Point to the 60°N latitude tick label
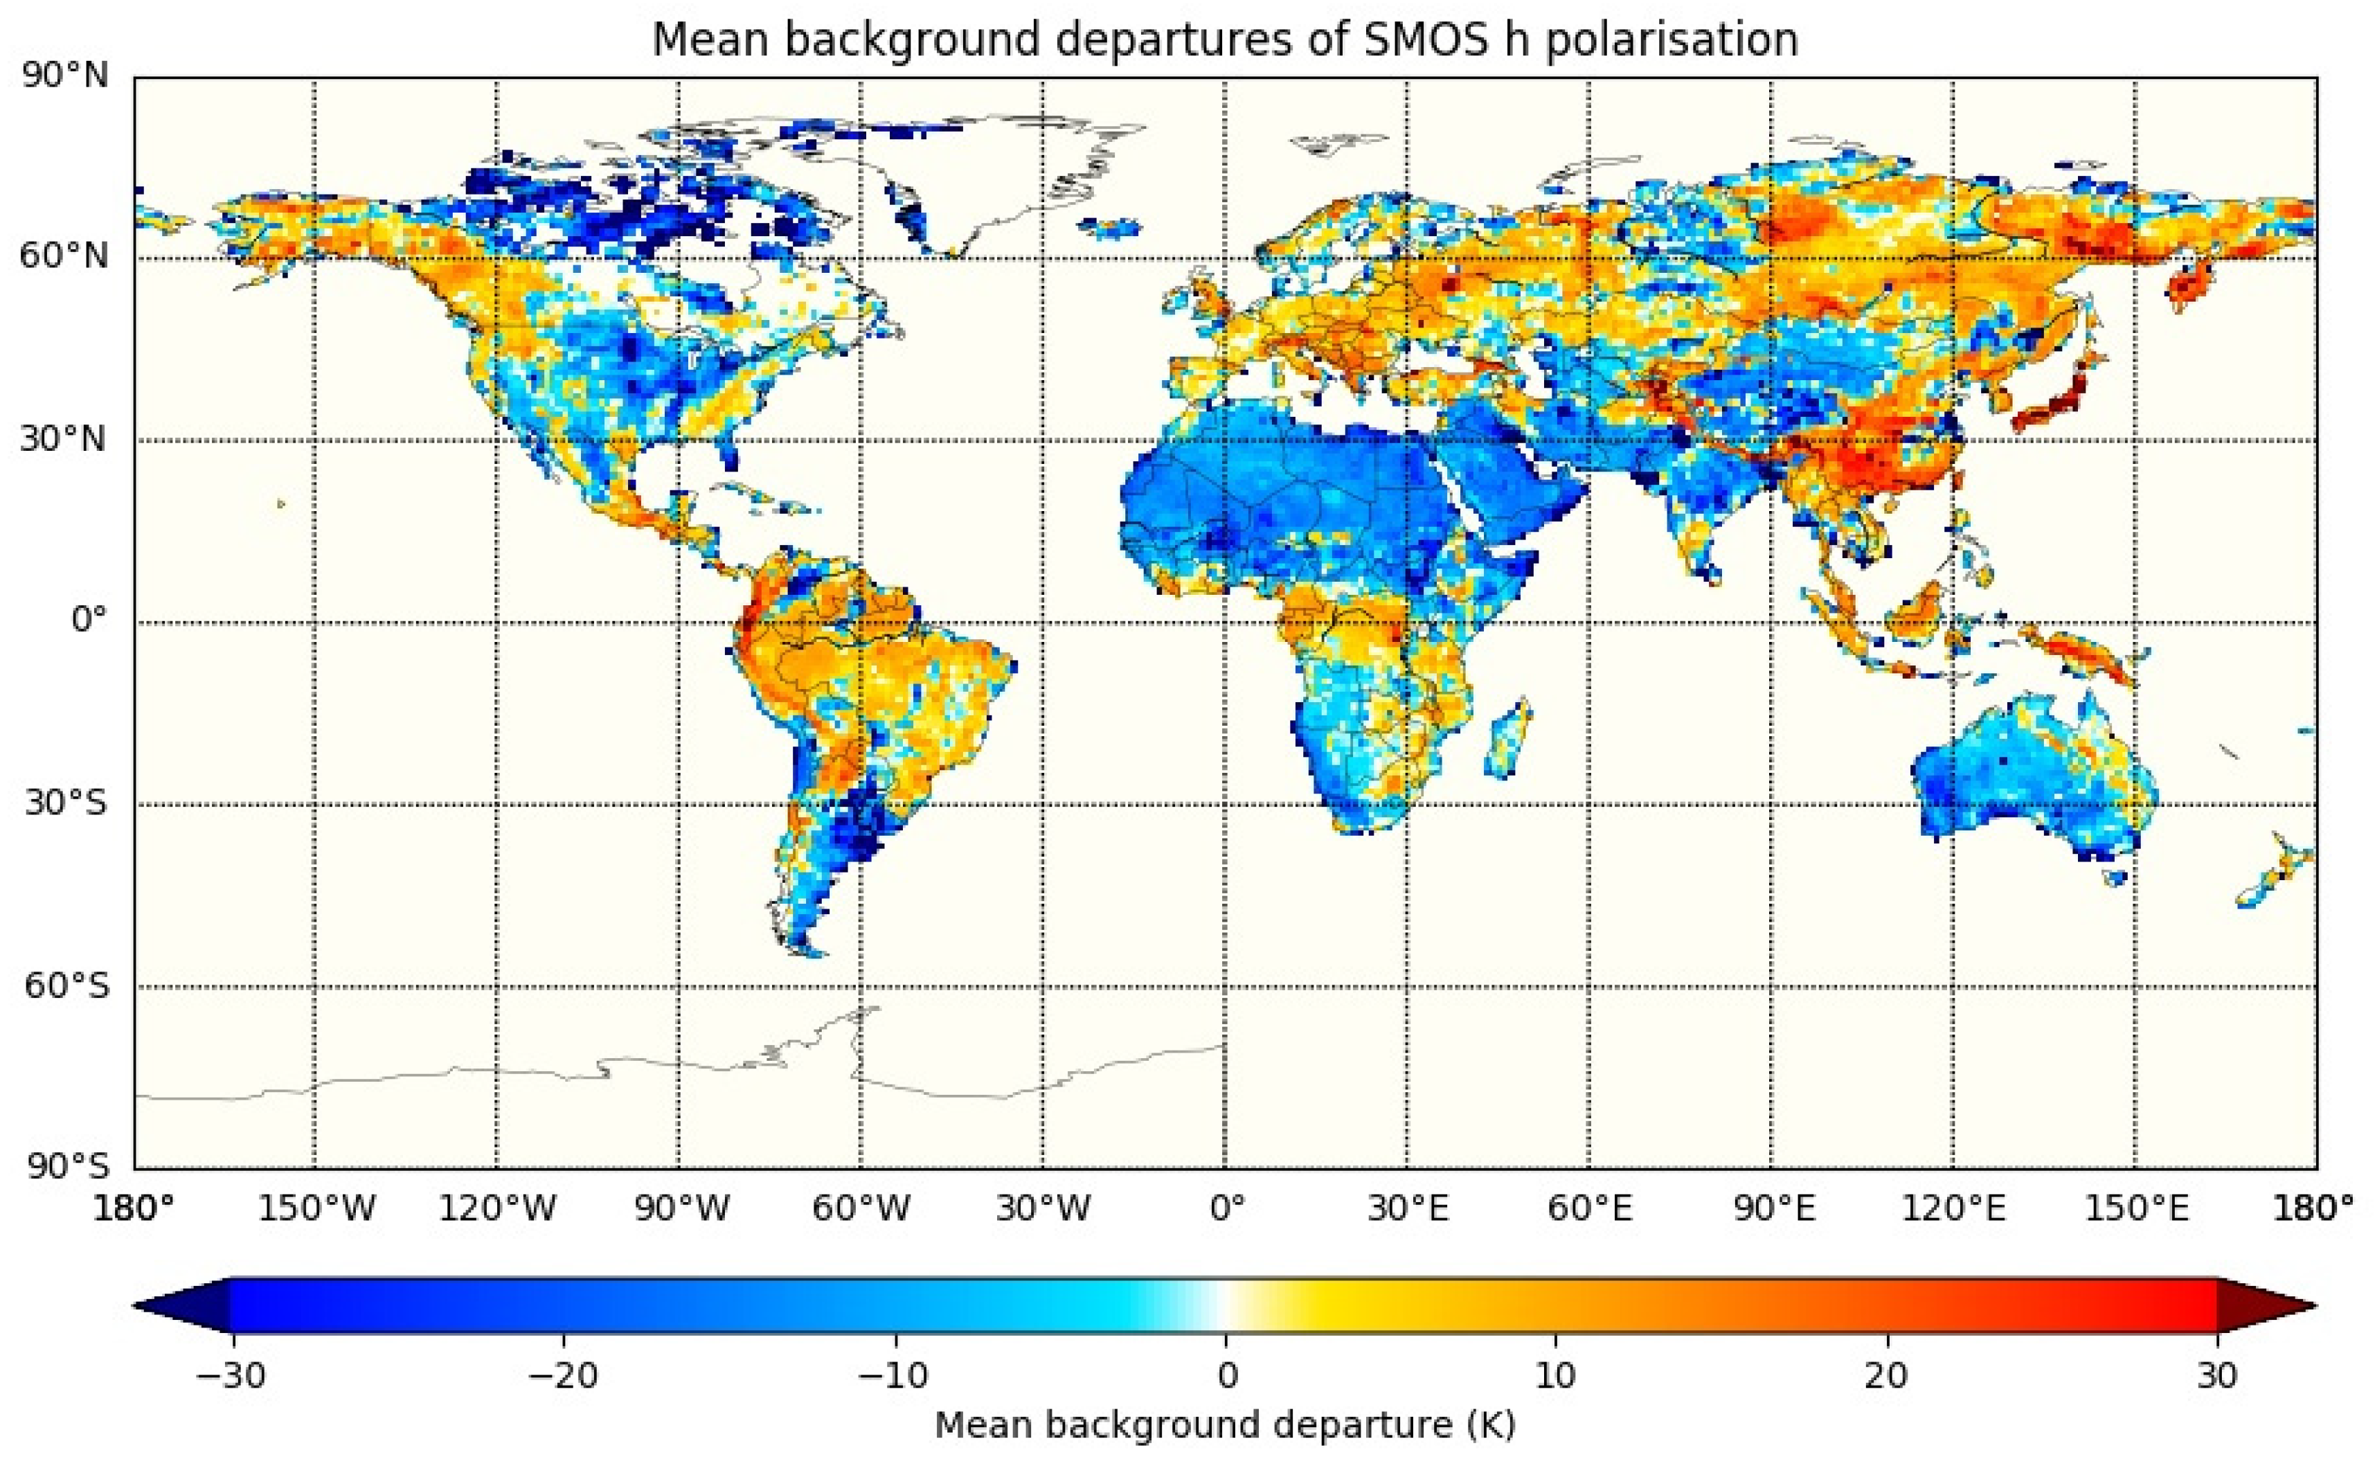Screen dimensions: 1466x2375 pyautogui.click(x=64, y=257)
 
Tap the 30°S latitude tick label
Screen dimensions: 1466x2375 pyautogui.click(x=64, y=804)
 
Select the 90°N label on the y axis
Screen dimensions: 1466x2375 pyautogui.click(x=64, y=75)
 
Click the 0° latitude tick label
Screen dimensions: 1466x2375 pyautogui.click(x=89, y=621)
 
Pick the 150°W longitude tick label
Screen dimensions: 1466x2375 pyautogui.click(x=316, y=1209)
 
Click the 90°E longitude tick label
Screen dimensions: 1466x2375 pyautogui.click(x=1773, y=1209)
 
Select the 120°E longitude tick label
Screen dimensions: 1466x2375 pyautogui.click(x=1953, y=1209)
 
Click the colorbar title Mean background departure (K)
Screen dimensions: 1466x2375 pyautogui.click(x=1226, y=1425)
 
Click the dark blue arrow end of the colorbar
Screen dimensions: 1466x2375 pyautogui.click(x=184, y=1307)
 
